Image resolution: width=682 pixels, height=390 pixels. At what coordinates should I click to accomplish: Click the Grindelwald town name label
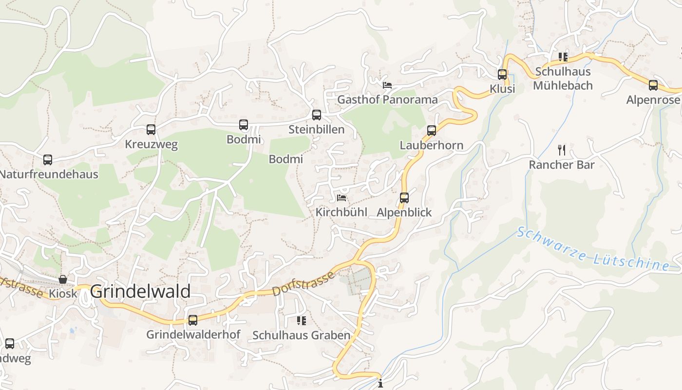tap(140, 292)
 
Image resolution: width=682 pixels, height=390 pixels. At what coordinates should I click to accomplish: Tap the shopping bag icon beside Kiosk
tap(63, 279)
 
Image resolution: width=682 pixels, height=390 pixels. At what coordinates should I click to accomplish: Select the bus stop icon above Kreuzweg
tap(151, 130)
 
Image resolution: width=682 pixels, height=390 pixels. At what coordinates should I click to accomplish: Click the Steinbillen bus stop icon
tap(317, 115)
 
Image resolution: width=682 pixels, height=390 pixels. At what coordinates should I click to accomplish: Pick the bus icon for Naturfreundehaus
tap(48, 159)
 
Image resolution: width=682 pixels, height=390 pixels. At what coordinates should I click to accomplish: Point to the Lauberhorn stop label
tap(431, 145)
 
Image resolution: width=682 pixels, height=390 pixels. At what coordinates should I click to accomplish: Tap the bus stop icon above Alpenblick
tap(404, 198)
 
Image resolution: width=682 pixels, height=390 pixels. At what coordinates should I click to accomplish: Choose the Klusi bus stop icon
tap(502, 75)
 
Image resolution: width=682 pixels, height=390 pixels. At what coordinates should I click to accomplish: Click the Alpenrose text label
tap(653, 100)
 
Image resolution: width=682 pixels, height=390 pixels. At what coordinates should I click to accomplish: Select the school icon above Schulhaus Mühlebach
tap(563, 57)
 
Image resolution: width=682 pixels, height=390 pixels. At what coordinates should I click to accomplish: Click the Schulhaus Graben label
tap(301, 335)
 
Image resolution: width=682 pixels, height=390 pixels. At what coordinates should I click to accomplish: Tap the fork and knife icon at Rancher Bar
tap(562, 150)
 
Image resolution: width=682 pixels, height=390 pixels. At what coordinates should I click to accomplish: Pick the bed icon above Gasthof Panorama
tap(387, 85)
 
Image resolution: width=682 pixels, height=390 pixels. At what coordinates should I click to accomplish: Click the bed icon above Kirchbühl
tap(341, 198)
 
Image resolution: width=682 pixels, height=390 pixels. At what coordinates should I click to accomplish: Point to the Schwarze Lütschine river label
tap(593, 249)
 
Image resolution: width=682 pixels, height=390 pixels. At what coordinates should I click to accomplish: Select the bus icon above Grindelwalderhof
tap(193, 320)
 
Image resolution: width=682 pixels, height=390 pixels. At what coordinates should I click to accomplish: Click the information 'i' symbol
tap(380, 384)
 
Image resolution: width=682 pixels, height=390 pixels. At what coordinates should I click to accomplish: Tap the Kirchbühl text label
tap(341, 213)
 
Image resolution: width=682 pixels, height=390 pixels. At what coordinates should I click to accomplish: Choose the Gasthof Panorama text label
tap(387, 100)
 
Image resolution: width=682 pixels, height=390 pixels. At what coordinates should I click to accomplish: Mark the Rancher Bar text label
tap(562, 165)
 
